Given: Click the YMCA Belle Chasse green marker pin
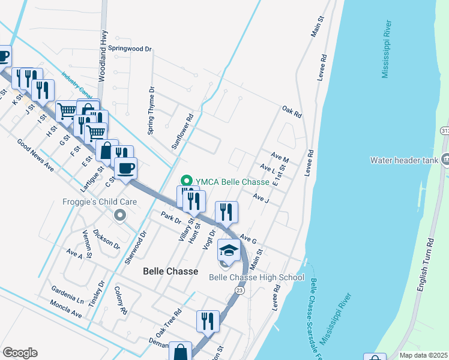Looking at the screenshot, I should [x=186, y=181].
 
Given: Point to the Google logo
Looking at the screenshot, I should [x=20, y=353].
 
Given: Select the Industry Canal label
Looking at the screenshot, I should [x=75, y=86].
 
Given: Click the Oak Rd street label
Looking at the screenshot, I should [x=291, y=111].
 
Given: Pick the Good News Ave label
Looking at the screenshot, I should [x=35, y=155].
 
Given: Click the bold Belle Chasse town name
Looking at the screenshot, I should [x=170, y=271].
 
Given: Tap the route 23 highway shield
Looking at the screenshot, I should [x=240, y=290].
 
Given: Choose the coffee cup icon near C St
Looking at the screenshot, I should [x=125, y=169].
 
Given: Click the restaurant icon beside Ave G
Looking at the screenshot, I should [x=226, y=211].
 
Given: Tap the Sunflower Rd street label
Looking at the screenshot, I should [x=183, y=132].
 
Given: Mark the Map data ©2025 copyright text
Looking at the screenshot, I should [x=423, y=355].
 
